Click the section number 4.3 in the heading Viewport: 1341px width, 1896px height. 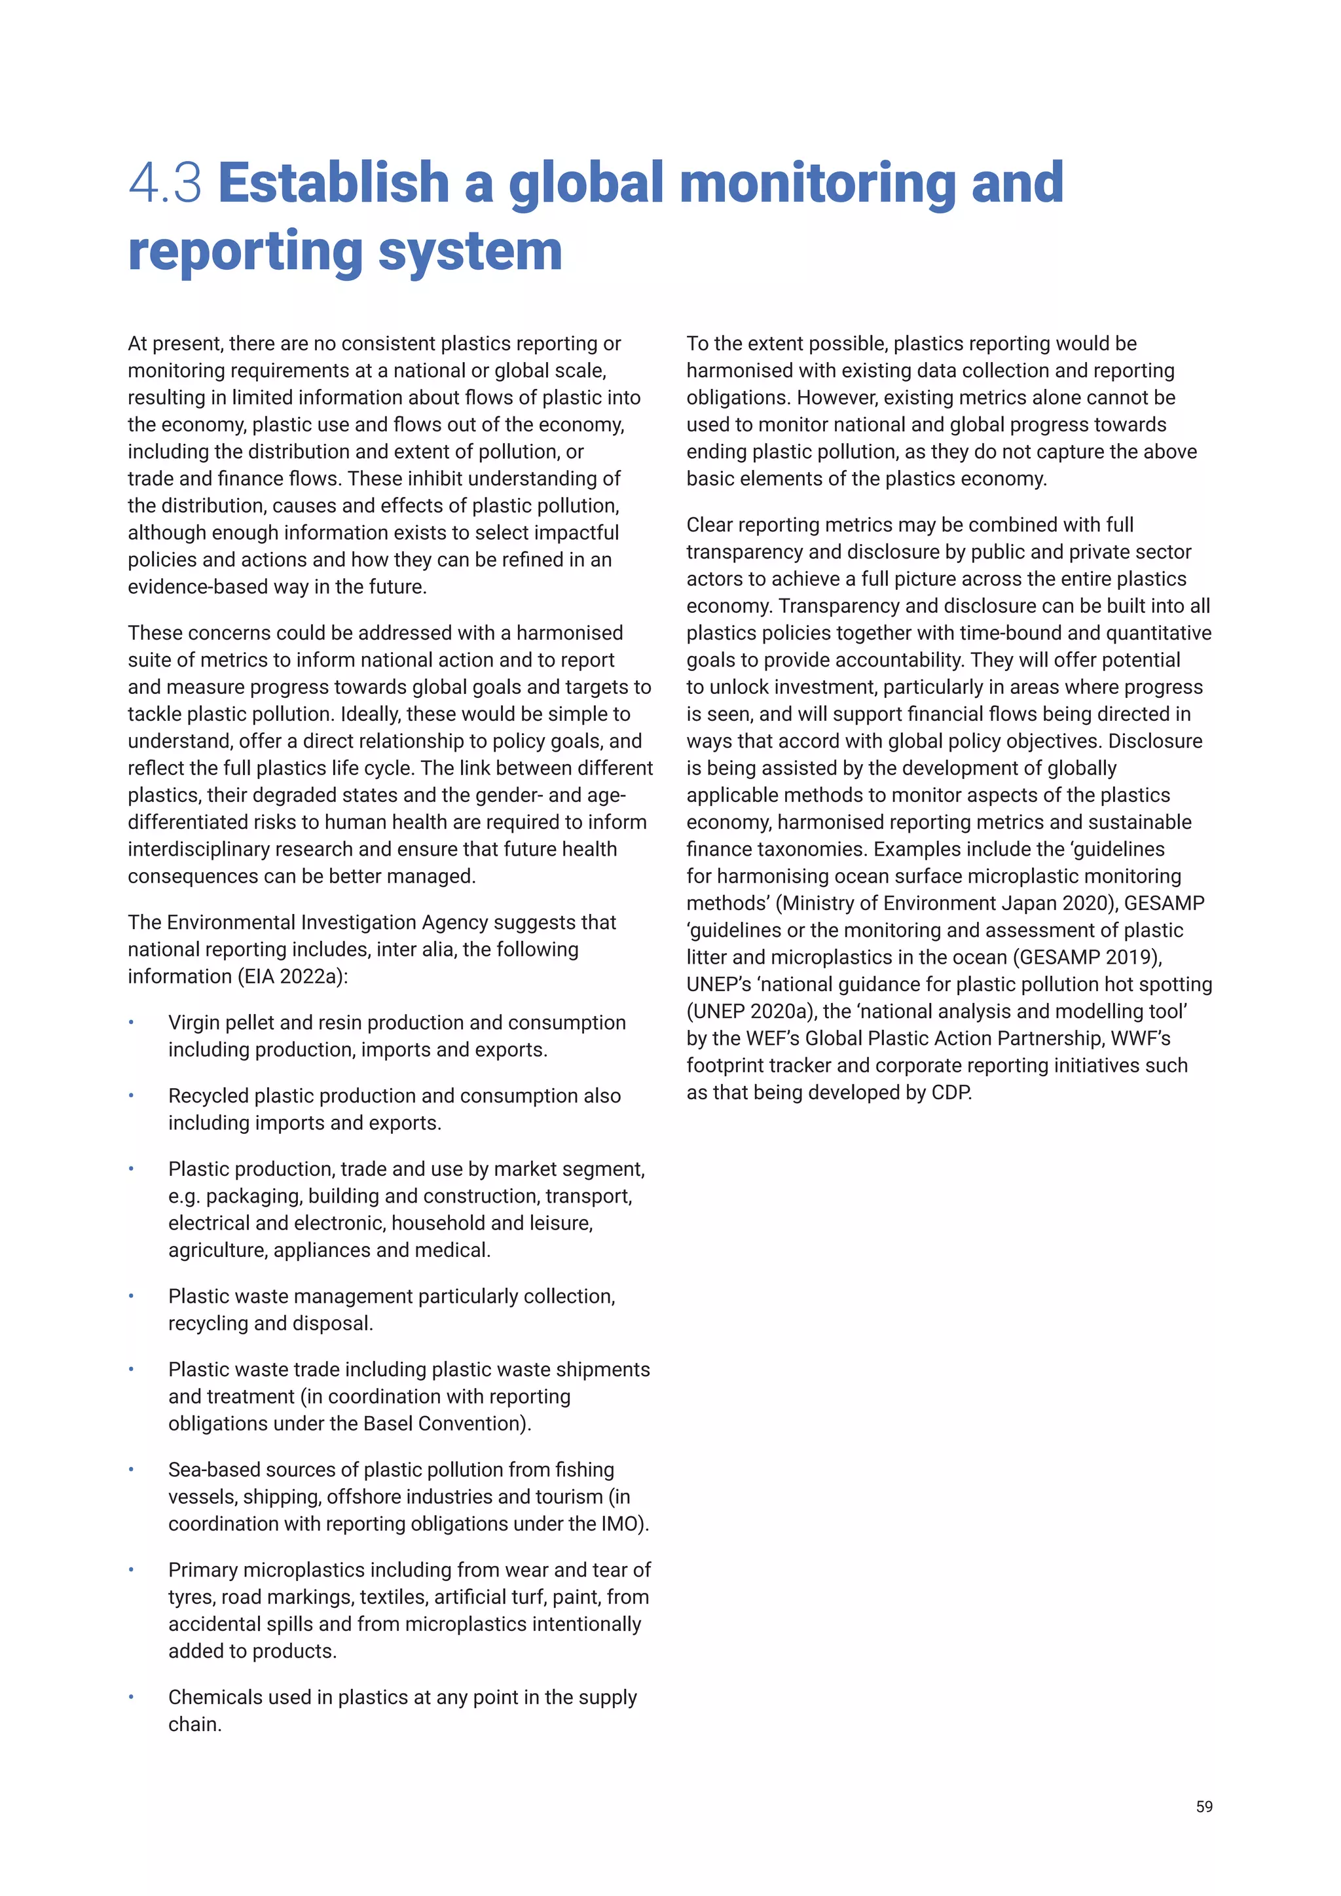165,183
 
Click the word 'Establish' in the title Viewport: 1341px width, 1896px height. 333,183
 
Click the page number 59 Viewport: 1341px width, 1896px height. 1204,1807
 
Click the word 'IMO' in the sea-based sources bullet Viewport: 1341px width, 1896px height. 619,1524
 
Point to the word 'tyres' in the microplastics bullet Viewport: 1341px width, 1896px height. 190,1597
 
